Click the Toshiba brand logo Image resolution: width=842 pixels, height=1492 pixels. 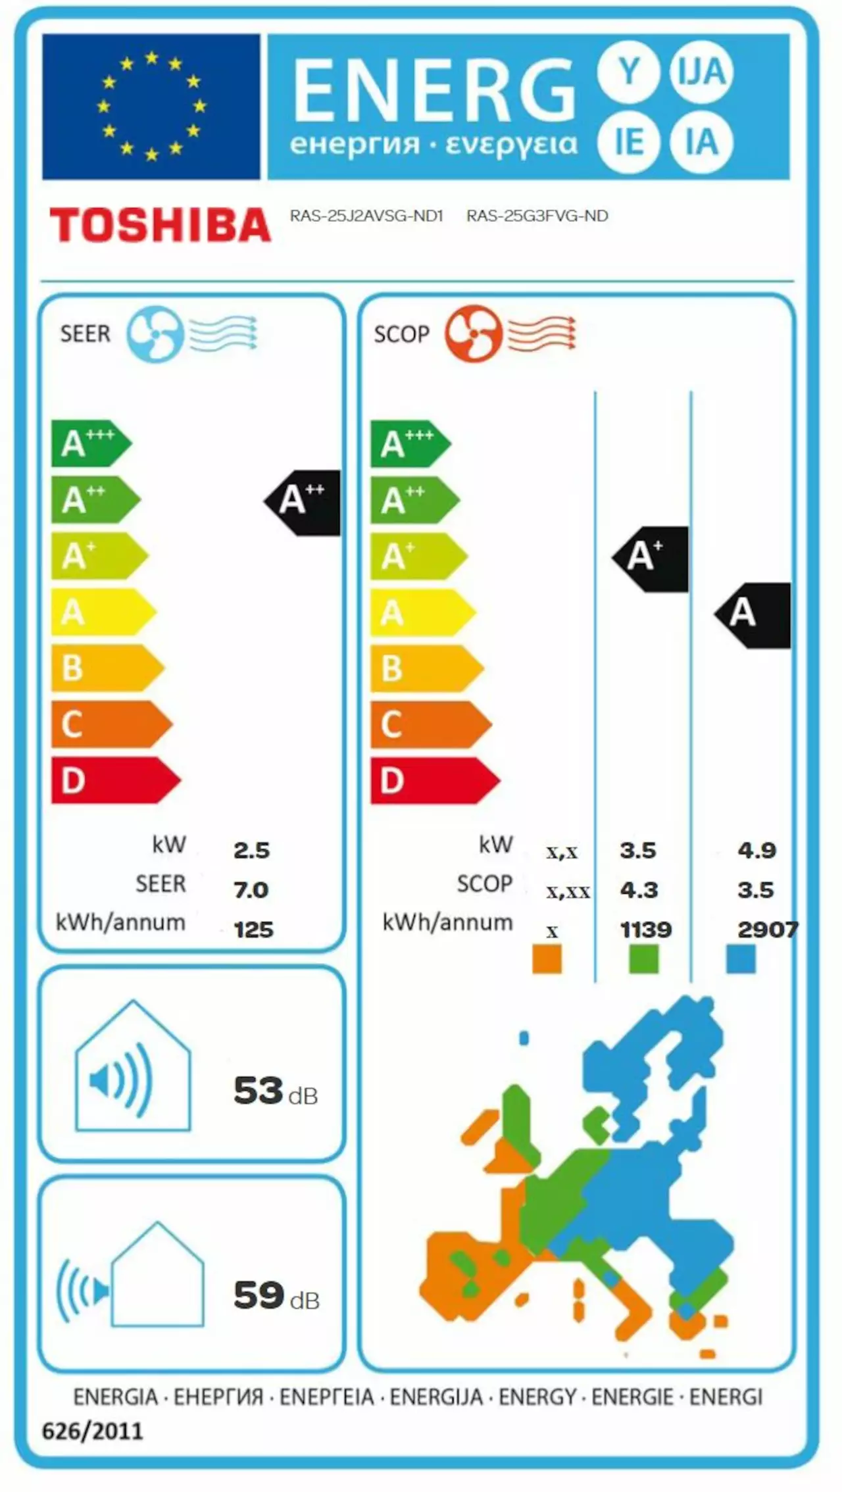pyautogui.click(x=160, y=225)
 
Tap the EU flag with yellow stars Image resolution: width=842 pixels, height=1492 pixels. pyautogui.click(x=151, y=107)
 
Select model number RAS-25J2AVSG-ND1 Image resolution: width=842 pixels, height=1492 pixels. pyautogui.click(x=366, y=216)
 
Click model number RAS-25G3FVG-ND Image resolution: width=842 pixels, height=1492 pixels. pyautogui.click(x=537, y=216)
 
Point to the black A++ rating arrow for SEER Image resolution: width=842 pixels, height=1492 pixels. pyautogui.click(x=303, y=503)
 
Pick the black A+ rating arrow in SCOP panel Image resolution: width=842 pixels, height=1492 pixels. pyautogui.click(x=651, y=559)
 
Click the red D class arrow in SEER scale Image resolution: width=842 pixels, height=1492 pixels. pyautogui.click(x=112, y=780)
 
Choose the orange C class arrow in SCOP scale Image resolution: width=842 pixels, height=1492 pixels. pyautogui.click(x=428, y=724)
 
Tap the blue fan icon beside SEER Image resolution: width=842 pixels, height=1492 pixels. pyautogui.click(x=155, y=334)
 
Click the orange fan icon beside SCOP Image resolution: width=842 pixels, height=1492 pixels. pyautogui.click(x=473, y=334)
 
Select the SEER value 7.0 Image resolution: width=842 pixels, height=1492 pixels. pyautogui.click(x=251, y=890)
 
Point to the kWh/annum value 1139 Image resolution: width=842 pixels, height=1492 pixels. pyautogui.click(x=645, y=930)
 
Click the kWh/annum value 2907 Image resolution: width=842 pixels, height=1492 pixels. pyautogui.click(x=767, y=930)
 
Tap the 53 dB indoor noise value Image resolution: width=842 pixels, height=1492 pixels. pyautogui.click(x=275, y=1091)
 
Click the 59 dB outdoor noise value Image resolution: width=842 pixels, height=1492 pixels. pyautogui.click(x=276, y=1295)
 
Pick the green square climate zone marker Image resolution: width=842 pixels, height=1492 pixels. pyautogui.click(x=643, y=959)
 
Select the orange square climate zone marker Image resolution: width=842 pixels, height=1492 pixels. pyautogui.click(x=547, y=959)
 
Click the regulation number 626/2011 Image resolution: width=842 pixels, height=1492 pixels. pyautogui.click(x=92, y=1431)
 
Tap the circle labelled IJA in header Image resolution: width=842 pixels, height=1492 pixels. pyautogui.click(x=701, y=71)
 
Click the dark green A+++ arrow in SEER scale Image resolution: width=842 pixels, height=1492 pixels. pyautogui.click(x=90, y=443)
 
